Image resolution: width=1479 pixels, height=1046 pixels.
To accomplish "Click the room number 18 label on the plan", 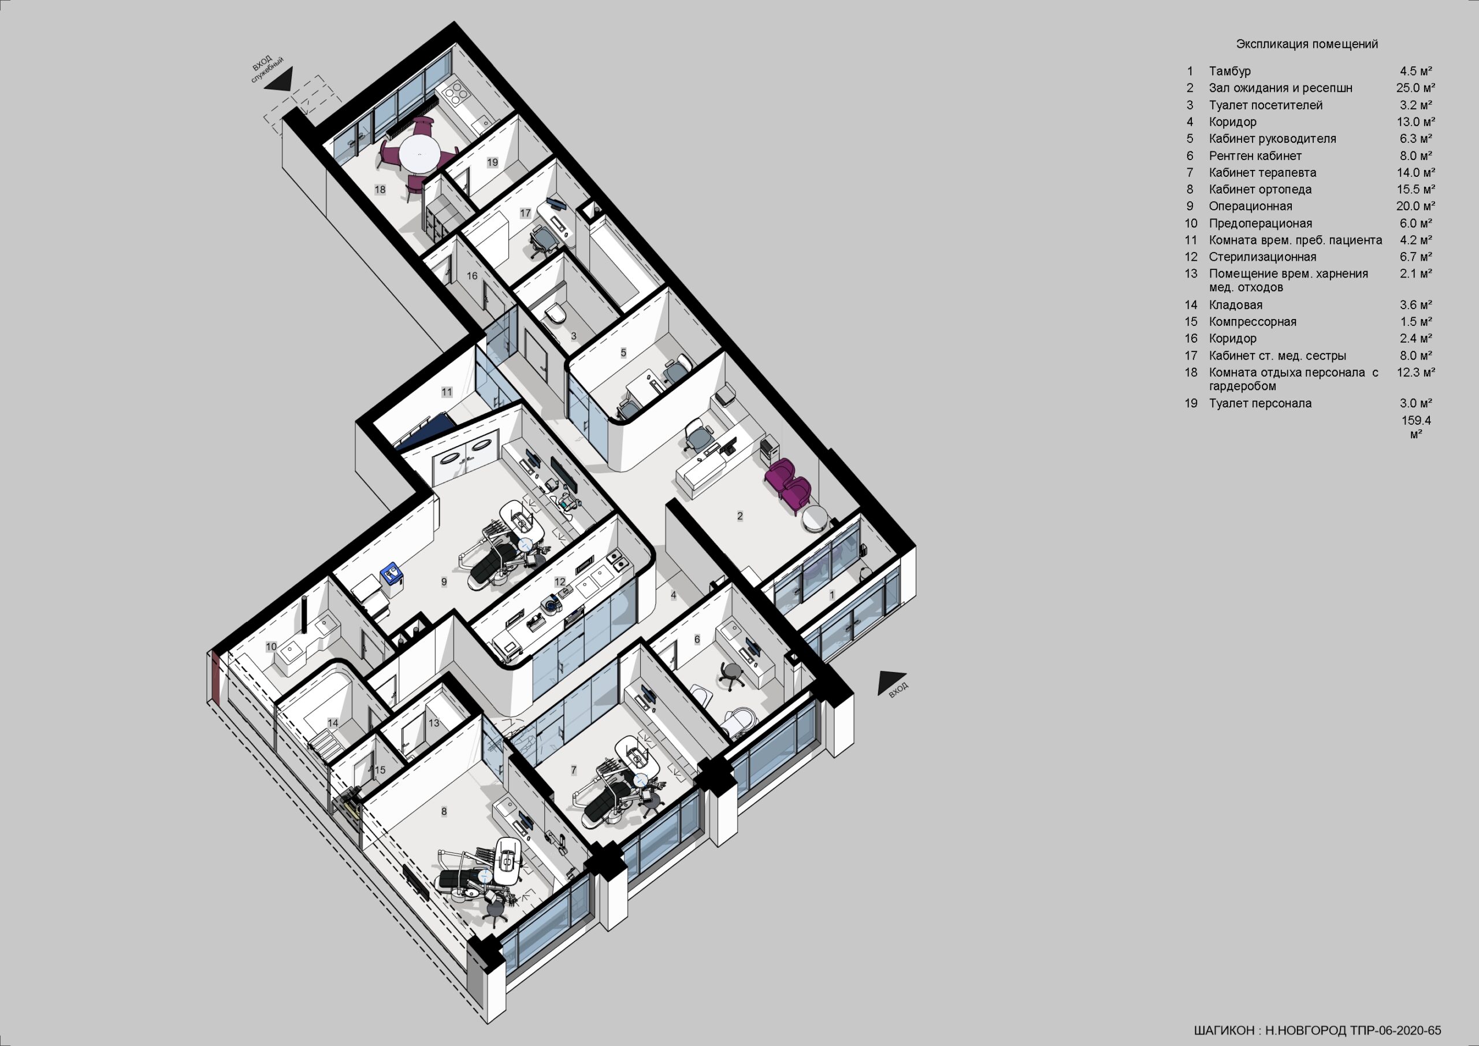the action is pos(380,190).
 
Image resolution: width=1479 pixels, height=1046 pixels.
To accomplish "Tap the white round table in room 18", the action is pos(421,155).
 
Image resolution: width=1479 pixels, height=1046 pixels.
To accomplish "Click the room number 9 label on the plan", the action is pos(444,582).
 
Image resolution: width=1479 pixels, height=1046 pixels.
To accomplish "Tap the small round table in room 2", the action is pos(815,518).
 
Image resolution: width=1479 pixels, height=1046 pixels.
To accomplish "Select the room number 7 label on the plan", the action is pos(574,770).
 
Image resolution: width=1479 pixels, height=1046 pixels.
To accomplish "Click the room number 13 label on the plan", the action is pos(434,722).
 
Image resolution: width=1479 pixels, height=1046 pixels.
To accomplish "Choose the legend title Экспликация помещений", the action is pos(1307,44).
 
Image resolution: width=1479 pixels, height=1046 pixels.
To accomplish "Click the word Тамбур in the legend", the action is pos(1230,71).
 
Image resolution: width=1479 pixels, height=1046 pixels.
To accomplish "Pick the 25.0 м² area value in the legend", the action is pos(1415,88).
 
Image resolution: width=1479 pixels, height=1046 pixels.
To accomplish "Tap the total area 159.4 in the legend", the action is pos(1416,420).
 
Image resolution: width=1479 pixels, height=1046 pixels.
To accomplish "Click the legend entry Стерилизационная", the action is pos(1262,257).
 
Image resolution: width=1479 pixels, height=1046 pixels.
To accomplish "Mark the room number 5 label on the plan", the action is pos(623,353).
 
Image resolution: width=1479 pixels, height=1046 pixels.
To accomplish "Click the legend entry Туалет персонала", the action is pos(1260,403).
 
